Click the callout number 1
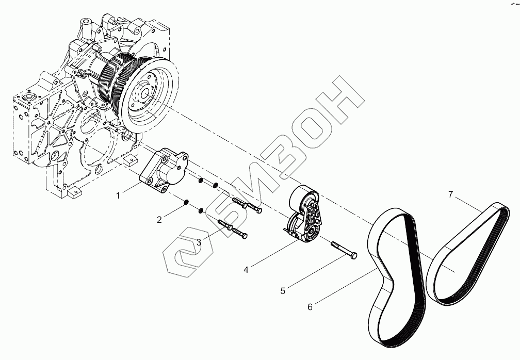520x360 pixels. coord(118,195)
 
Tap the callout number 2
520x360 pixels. coord(159,220)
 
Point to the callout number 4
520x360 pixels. coord(247,269)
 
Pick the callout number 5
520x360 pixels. coord(283,291)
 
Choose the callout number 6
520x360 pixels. coord(310,307)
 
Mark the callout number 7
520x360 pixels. coord(450,194)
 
